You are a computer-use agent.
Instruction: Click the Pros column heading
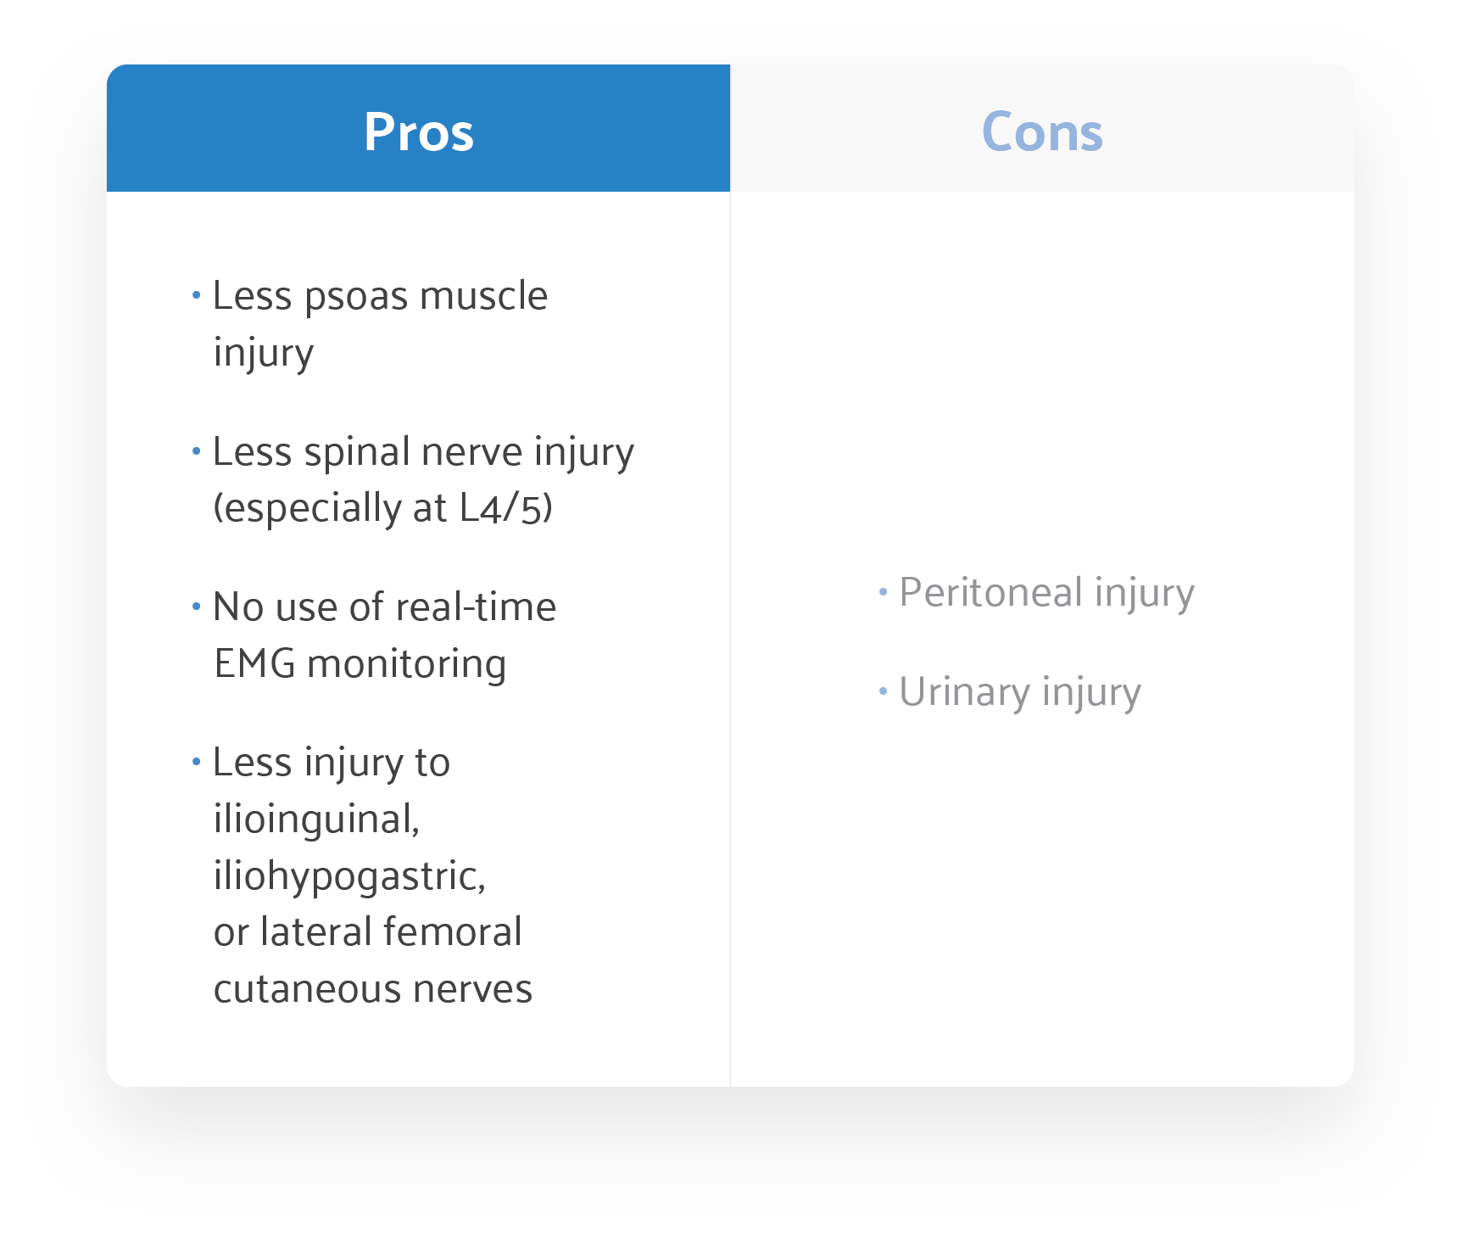coord(418,132)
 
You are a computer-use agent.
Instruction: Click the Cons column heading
coord(1041,132)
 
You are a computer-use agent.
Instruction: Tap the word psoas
coord(356,297)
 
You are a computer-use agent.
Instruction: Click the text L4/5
coord(504,508)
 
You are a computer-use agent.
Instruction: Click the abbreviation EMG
coord(254,664)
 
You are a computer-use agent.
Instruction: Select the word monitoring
coord(406,664)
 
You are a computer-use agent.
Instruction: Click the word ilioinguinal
coord(316,820)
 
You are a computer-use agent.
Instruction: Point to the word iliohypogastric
coord(349,877)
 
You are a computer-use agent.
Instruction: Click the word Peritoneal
coord(990,592)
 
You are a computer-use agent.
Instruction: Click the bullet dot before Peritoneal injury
coord(883,591)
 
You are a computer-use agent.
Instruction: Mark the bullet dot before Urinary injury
coord(883,691)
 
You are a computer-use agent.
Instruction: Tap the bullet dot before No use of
coord(196,607)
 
